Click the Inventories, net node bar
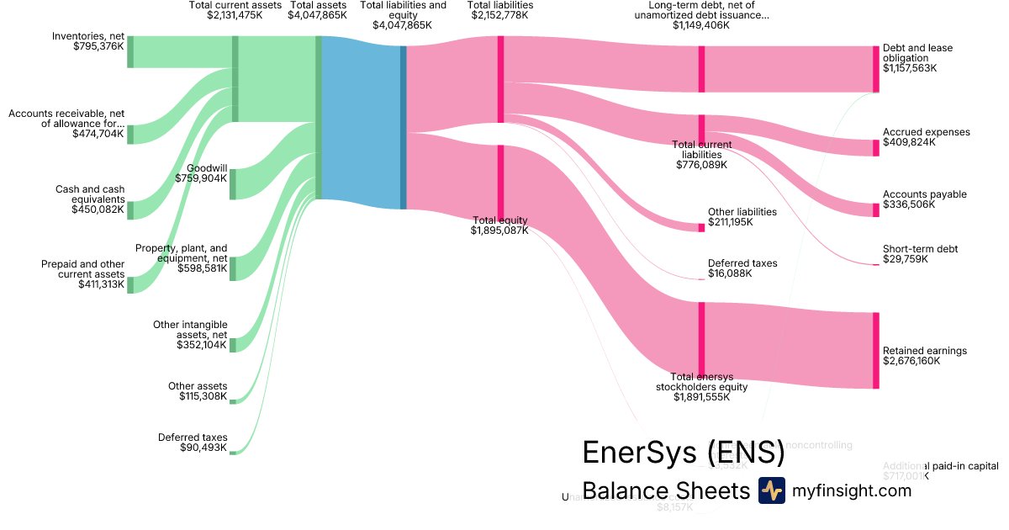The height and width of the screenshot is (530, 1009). (x=130, y=51)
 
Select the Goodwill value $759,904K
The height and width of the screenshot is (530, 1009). (x=201, y=178)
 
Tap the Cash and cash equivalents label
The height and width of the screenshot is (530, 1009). (x=90, y=194)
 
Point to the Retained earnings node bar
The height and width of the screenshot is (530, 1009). (x=875, y=350)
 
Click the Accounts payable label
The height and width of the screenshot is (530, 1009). (x=924, y=194)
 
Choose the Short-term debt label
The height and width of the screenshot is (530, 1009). (x=920, y=249)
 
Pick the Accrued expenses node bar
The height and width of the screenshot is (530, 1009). (x=875, y=148)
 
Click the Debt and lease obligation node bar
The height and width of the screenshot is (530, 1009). (x=875, y=69)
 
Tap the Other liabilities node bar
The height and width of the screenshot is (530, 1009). (x=701, y=227)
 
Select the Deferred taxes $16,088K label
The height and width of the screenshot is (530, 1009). (x=742, y=263)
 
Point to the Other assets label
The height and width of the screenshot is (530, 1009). (x=197, y=386)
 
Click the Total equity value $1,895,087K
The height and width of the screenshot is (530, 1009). (x=499, y=231)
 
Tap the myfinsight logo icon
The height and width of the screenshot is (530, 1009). (x=771, y=490)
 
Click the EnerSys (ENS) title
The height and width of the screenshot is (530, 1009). (x=683, y=453)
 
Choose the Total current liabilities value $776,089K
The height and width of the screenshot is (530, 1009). (x=701, y=165)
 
